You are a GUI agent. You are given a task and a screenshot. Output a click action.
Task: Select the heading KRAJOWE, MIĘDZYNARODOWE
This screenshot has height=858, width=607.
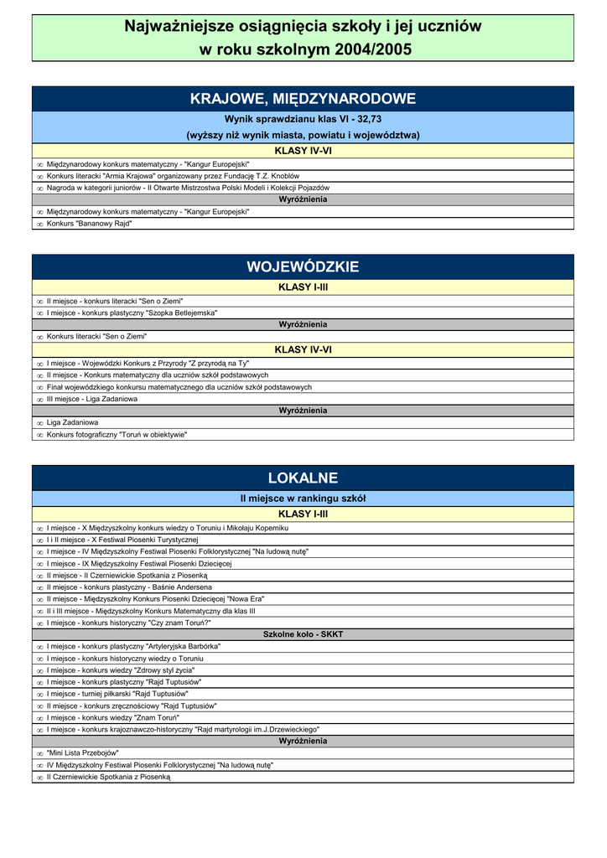click(303, 99)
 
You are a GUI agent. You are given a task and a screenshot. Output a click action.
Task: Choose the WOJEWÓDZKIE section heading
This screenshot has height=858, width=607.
click(303, 267)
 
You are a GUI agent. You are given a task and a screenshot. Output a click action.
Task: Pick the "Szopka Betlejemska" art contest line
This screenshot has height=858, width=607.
click(132, 313)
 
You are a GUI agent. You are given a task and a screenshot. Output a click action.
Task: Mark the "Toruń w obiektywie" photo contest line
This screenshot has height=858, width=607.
click(117, 435)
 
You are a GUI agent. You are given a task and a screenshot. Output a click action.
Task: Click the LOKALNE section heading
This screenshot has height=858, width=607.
click(303, 478)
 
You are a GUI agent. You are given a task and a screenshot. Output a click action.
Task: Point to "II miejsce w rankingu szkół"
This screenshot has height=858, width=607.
click(303, 499)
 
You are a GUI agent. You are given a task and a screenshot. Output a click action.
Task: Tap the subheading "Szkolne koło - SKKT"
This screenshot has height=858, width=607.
click(303, 634)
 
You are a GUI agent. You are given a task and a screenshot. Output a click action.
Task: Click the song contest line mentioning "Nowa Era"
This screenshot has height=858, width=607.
click(155, 599)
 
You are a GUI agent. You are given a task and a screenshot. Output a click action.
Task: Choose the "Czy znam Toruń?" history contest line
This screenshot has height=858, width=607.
click(129, 623)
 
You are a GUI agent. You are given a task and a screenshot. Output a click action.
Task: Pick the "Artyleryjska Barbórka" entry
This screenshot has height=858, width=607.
click(133, 647)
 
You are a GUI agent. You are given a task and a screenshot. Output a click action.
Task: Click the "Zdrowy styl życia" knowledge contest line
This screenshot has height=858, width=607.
click(121, 670)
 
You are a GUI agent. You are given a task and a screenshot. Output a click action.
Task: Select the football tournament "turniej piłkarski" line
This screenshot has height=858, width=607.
click(117, 694)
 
